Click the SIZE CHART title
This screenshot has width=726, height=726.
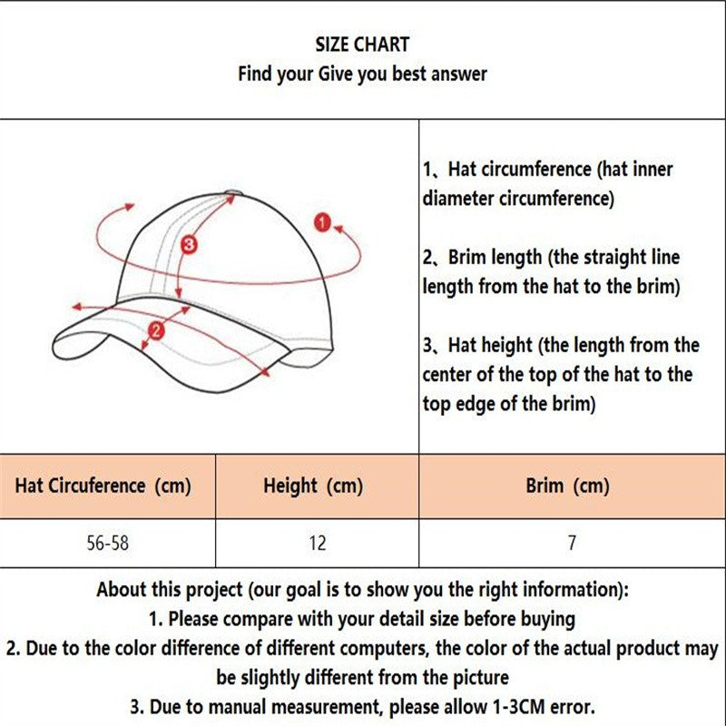click(362, 44)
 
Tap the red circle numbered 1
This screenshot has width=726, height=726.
click(321, 221)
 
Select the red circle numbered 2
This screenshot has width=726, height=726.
click(156, 330)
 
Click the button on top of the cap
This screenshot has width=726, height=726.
click(232, 191)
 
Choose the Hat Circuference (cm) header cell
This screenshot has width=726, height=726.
click(103, 486)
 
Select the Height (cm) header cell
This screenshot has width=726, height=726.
click(313, 486)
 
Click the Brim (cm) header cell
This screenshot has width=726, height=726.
click(567, 486)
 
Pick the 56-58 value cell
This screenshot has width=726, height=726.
click(106, 543)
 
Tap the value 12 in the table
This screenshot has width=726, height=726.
click(317, 543)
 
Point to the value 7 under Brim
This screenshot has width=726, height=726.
click(572, 543)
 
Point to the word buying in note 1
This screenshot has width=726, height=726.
click(546, 619)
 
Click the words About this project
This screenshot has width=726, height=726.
click(170, 590)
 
